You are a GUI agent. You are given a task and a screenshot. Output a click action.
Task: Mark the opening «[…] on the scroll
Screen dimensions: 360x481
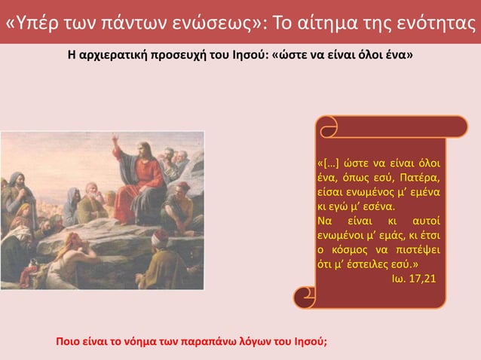click(328, 164)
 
